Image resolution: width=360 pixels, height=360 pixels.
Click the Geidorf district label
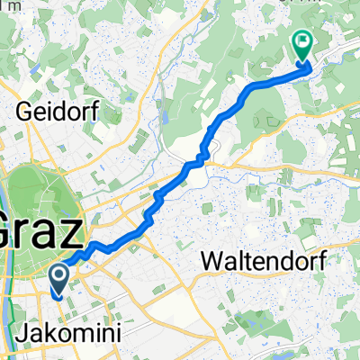tap(62, 112)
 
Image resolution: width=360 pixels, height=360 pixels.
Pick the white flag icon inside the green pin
tap(301, 40)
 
